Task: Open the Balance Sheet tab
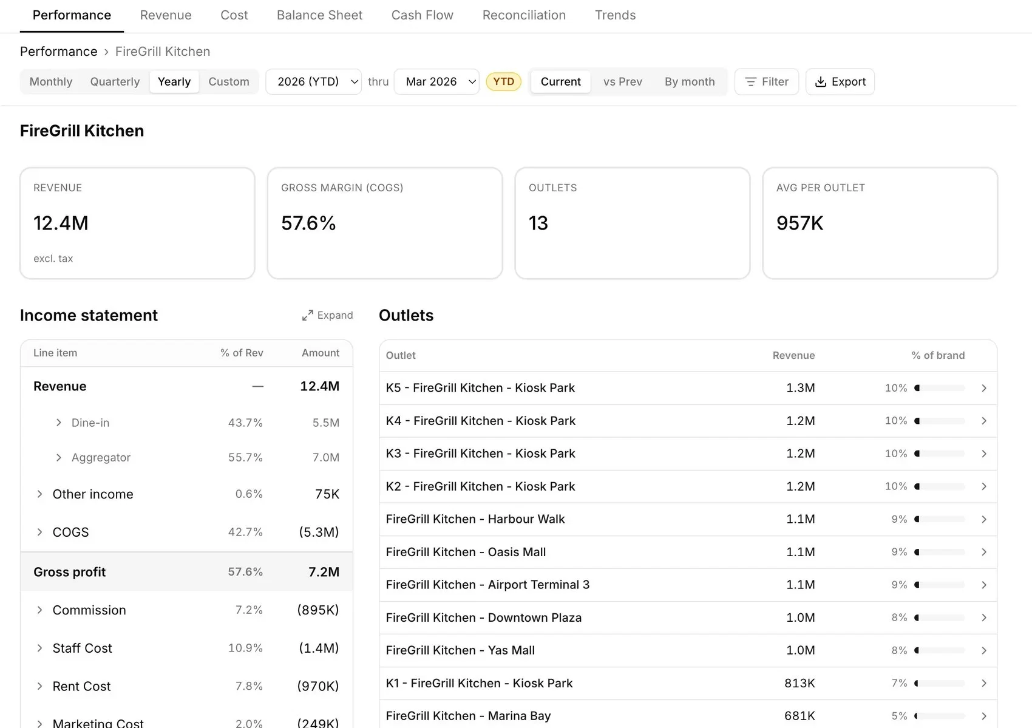(x=319, y=15)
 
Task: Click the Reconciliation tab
(x=524, y=15)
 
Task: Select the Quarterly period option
(x=115, y=81)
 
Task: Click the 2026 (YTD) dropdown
(x=314, y=81)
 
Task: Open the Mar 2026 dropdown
(x=436, y=81)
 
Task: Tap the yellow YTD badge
(x=504, y=81)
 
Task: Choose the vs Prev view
(x=622, y=81)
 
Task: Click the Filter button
(x=767, y=81)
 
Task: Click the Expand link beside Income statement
(x=328, y=315)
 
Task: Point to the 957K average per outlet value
(x=799, y=223)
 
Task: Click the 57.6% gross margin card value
(x=308, y=223)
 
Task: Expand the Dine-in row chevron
(x=58, y=423)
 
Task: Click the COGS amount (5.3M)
(x=319, y=532)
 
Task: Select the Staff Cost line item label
(x=82, y=648)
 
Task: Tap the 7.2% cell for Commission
(x=249, y=610)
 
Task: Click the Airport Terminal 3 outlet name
(x=487, y=585)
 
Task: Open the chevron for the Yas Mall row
(x=983, y=651)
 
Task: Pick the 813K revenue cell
(x=799, y=683)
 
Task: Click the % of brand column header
(x=937, y=355)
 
